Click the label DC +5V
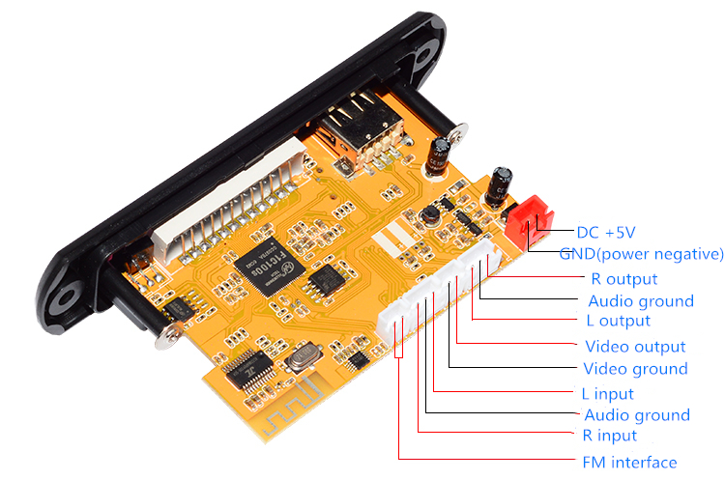[606, 233]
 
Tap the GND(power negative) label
[641, 254]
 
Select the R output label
[624, 279]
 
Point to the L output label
[619, 321]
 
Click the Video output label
[635, 347]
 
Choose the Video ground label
[635, 369]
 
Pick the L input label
[608, 394]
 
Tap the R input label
[609, 436]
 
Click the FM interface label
[629, 463]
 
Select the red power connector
[530, 222]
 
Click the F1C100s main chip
[270, 267]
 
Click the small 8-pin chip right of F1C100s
[329, 279]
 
